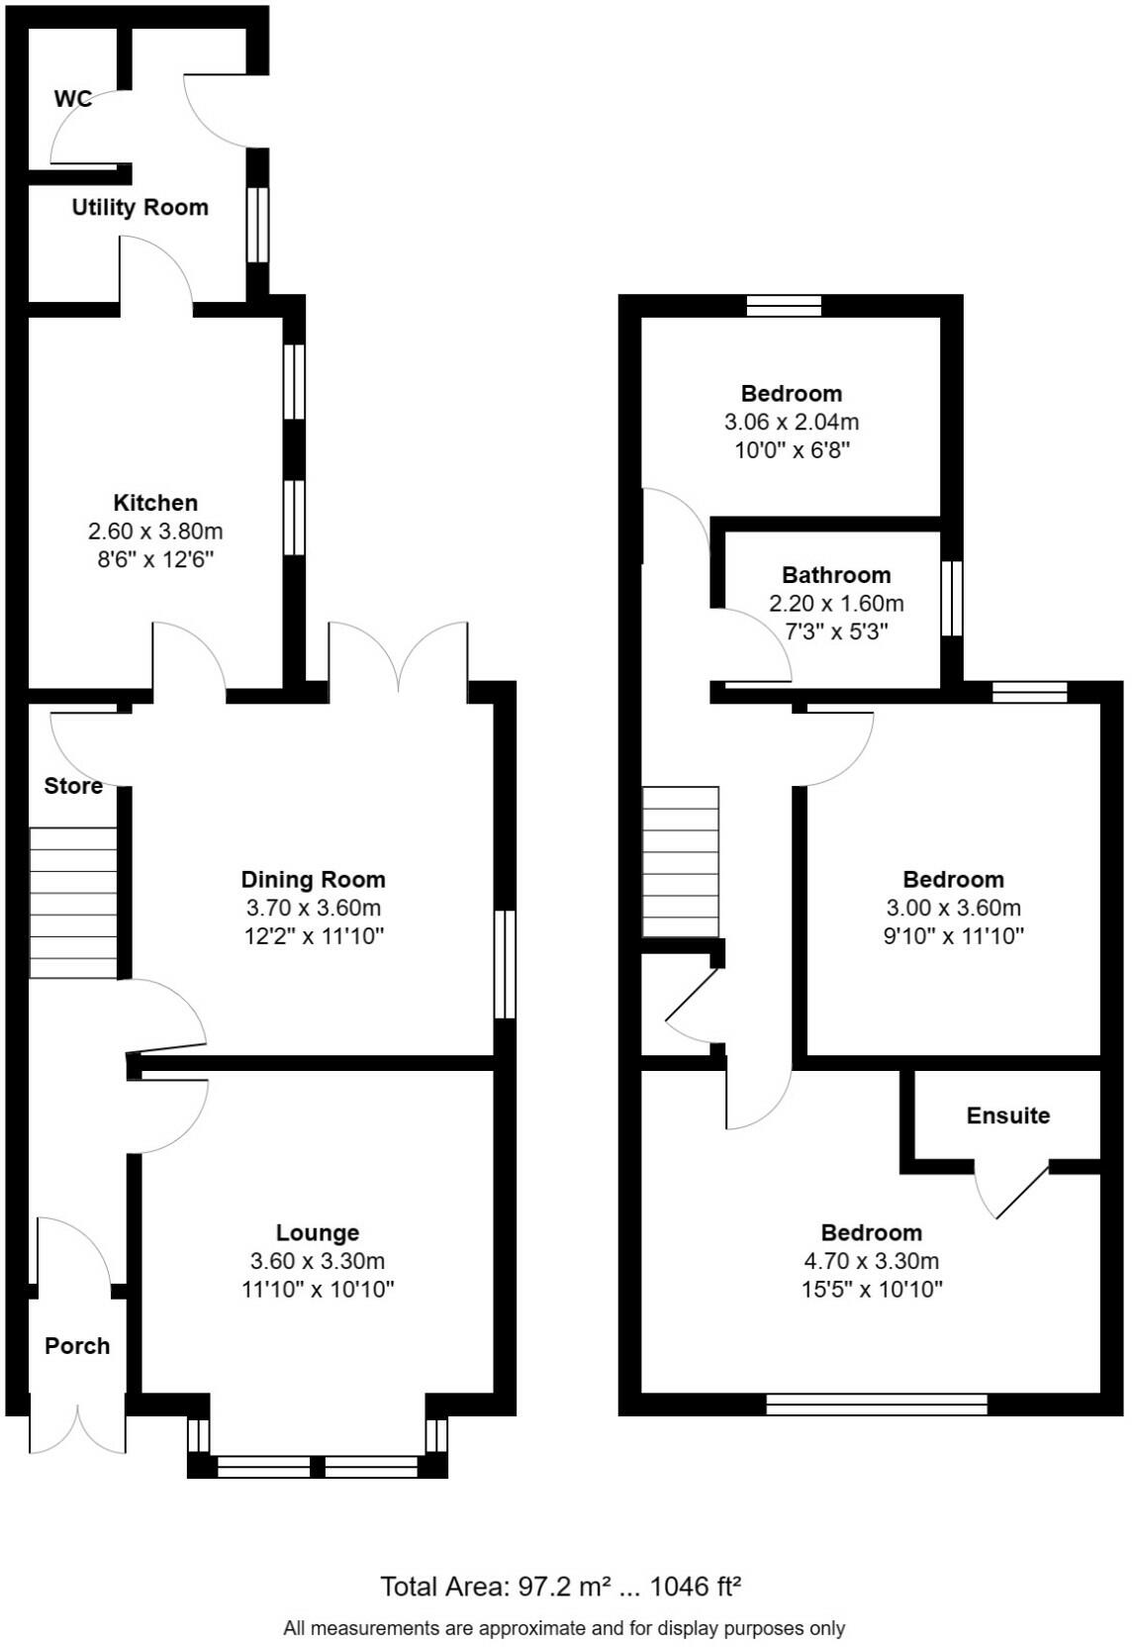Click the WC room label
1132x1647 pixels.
(x=72, y=98)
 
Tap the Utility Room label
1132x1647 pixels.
(x=140, y=207)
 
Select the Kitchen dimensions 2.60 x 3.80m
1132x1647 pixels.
(x=155, y=531)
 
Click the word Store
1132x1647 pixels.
(x=73, y=786)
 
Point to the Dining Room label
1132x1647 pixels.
(x=313, y=879)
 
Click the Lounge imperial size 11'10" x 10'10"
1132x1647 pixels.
(x=318, y=1289)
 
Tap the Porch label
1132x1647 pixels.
(x=77, y=1346)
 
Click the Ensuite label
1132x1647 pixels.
(x=1007, y=1115)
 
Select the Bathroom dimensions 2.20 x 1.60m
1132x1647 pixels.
(x=836, y=603)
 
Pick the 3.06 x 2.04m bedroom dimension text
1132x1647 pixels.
(x=791, y=422)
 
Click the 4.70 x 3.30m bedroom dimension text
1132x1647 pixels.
(x=871, y=1261)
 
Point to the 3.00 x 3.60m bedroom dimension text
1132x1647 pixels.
(x=953, y=908)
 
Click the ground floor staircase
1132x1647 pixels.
(x=73, y=903)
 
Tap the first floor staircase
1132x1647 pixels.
(x=680, y=861)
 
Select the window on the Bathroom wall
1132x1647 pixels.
(x=951, y=599)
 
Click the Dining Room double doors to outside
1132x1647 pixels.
(x=398, y=658)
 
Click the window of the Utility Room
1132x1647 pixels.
(x=256, y=225)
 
